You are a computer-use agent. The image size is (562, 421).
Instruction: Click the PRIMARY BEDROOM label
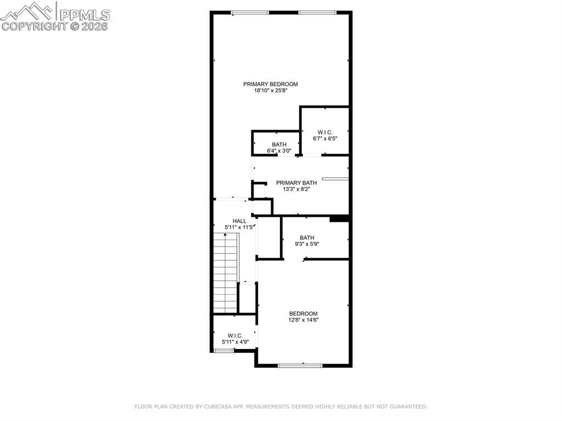271,84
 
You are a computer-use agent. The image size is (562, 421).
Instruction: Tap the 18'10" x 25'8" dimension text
271,91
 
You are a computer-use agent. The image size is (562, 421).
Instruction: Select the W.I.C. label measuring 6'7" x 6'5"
324,132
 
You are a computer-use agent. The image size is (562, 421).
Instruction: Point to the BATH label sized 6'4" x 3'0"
279,144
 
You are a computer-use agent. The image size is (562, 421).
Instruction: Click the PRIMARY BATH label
296,183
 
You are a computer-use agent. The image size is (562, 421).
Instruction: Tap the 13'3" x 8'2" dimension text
296,189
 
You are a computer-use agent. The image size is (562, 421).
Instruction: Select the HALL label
239,221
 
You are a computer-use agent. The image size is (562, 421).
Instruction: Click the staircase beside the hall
225,272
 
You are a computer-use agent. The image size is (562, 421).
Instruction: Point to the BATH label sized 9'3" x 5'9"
307,238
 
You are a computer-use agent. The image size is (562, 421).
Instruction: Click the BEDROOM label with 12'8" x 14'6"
304,313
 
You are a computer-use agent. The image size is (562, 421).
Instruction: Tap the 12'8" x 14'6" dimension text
304,320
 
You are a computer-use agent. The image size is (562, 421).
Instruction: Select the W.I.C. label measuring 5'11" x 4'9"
235,335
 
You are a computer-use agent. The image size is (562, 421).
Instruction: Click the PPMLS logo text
84,15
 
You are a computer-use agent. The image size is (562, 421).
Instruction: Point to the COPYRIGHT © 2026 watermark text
55,26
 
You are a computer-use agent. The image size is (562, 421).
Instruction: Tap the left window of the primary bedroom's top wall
250,13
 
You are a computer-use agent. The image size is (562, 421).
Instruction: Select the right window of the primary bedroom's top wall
318,13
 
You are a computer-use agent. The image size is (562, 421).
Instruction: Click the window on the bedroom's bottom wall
300,365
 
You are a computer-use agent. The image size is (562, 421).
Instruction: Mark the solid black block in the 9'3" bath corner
340,218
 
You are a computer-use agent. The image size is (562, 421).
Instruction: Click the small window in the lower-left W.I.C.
224,350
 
